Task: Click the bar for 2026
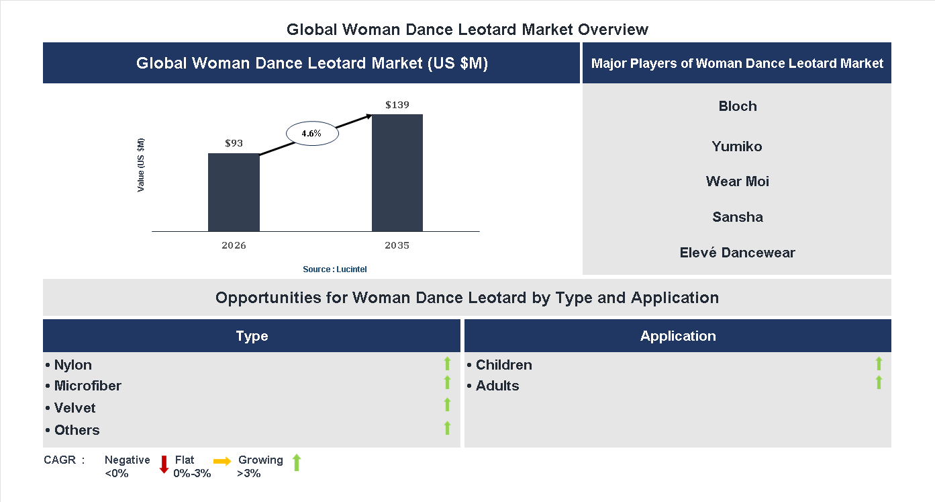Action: pos(234,192)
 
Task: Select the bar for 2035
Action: pos(397,173)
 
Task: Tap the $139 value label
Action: pos(397,106)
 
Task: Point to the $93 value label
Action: pos(234,144)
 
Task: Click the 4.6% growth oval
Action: pos(312,134)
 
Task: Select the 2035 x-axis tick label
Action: pos(397,245)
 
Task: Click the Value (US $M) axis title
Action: pos(141,165)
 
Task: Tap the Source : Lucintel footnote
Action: pos(335,269)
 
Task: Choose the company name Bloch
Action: pos(737,106)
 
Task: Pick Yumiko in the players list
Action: pos(737,147)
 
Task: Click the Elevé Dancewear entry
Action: pos(737,253)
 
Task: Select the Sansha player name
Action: pos(737,217)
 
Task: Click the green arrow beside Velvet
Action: pos(447,405)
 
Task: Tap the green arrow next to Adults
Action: pos(879,383)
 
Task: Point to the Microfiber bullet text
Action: pos(87,386)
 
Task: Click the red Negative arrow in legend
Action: pos(164,464)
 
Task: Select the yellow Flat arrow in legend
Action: pos(222,461)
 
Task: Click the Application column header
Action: pos(678,336)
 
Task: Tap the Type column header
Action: pos(252,336)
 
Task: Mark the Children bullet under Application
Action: pos(503,365)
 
